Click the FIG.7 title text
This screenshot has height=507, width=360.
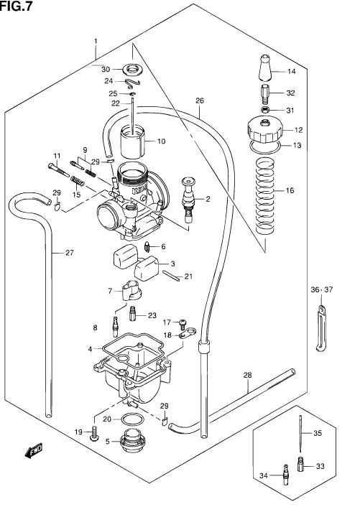[17, 6]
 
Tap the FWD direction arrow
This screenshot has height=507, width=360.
[34, 451]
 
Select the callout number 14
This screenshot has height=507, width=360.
[292, 71]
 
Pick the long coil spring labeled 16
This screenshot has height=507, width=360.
[265, 195]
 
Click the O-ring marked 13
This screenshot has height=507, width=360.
[265, 147]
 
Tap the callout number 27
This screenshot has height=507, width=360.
[70, 253]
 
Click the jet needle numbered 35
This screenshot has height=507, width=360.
[300, 434]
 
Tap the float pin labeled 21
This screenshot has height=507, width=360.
[172, 276]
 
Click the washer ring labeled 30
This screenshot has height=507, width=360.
[132, 70]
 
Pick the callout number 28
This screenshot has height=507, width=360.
[247, 375]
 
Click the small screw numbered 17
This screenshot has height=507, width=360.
[183, 322]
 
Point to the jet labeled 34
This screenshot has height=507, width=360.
[285, 475]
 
